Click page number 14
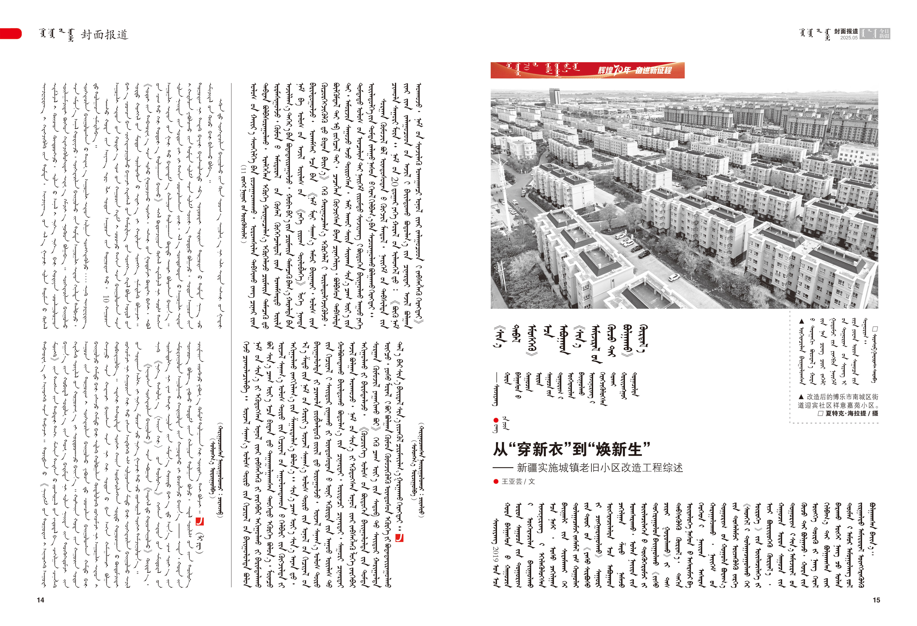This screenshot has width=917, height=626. click(40, 600)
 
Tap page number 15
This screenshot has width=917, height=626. click(876, 600)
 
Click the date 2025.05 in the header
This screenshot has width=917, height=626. click(849, 38)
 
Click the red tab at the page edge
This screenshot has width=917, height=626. click(11, 34)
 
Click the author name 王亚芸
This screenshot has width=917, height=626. click(512, 481)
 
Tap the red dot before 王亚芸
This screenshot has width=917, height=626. click(496, 481)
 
